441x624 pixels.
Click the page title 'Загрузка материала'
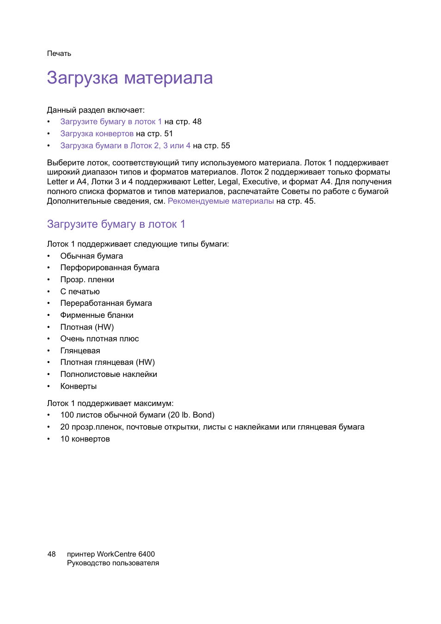click(x=130, y=78)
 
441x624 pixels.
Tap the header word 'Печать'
click(x=59, y=54)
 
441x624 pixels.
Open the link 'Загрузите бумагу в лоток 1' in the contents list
click(x=111, y=122)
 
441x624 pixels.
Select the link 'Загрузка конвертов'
click(x=97, y=134)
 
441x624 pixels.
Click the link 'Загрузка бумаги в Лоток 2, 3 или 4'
click(x=125, y=146)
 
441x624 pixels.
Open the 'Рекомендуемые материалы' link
click(x=220, y=201)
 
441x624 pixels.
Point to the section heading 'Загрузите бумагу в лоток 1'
click(x=116, y=224)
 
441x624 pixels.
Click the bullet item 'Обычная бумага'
click(x=92, y=256)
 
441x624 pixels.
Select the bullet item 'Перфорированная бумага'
click(x=110, y=268)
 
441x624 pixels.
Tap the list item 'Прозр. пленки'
click(x=87, y=280)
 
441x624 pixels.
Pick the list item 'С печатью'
click(x=80, y=292)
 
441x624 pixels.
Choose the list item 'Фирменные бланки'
click(x=97, y=315)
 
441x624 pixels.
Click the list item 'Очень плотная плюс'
click(x=99, y=339)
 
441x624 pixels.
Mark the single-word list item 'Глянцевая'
click(x=80, y=351)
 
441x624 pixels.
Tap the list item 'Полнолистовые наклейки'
click(x=109, y=375)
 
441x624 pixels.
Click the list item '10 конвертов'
click(x=85, y=439)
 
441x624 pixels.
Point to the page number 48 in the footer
click(x=52, y=554)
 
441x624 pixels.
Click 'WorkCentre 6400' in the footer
click(x=126, y=554)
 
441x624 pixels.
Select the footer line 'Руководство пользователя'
click(x=113, y=563)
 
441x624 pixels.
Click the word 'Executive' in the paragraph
click(x=260, y=182)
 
